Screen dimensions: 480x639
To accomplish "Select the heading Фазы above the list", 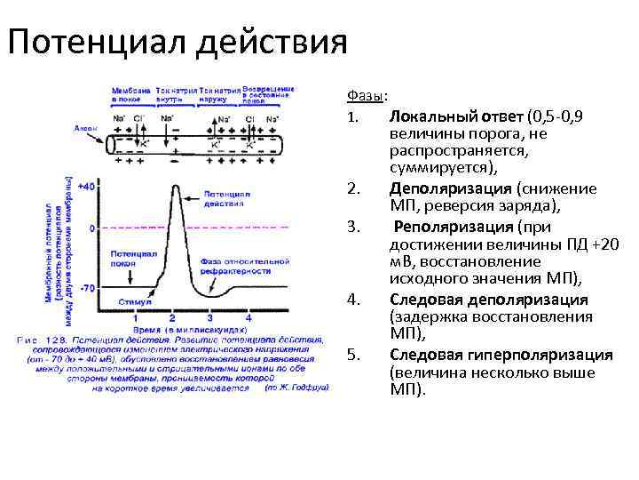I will point(365,96).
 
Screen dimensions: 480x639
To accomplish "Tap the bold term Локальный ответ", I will point(456,116).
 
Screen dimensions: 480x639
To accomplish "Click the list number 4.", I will point(352,299).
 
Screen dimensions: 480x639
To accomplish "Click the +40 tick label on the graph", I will point(86,186).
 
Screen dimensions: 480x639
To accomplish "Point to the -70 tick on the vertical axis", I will point(87,289).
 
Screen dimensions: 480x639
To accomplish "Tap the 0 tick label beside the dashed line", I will point(92,228).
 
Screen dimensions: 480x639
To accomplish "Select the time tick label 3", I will point(209,317).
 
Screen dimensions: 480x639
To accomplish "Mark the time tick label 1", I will point(134,317).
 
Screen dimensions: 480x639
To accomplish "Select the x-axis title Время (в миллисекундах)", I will point(185,328).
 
